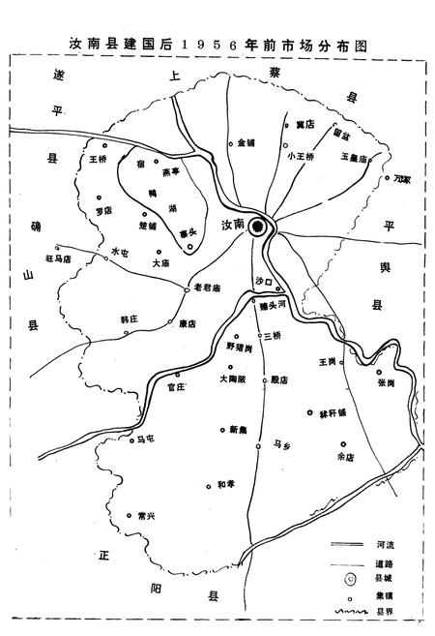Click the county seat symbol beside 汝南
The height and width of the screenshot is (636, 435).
point(257,226)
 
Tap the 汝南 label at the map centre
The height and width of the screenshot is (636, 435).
point(233,225)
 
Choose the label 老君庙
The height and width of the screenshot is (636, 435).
point(208,288)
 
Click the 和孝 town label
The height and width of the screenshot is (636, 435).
point(226,484)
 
